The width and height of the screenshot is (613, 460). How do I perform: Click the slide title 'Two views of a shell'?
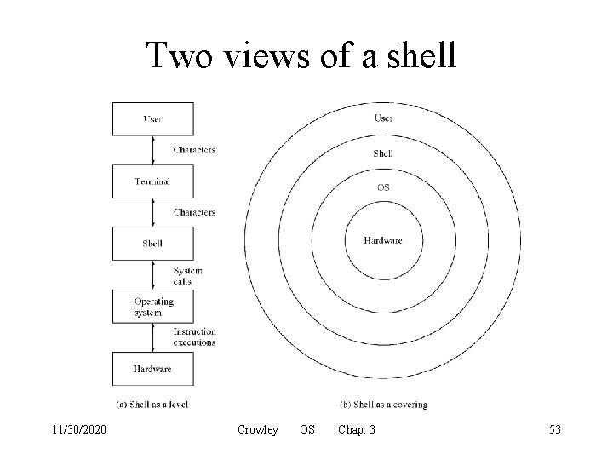302,55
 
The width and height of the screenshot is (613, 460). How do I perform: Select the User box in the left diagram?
152,118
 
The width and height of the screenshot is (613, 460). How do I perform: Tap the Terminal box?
152,181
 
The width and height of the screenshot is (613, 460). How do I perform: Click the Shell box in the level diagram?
152,244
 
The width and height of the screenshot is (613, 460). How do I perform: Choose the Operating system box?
152,307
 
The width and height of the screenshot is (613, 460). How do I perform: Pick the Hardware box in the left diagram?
152,369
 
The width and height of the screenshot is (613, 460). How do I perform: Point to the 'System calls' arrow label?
188,275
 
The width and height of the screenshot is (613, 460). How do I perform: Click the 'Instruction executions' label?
194,337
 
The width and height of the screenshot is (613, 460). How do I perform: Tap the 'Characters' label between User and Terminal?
194,150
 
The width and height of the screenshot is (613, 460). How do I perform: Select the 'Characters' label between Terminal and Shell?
194,212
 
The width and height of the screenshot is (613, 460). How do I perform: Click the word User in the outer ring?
383,118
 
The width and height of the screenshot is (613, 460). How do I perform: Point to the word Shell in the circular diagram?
383,153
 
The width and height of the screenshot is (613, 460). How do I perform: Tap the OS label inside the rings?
383,187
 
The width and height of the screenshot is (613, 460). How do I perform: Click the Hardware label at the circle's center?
383,240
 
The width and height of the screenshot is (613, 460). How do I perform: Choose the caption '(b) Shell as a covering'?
383,404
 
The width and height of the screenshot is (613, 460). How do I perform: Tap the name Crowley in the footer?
258,431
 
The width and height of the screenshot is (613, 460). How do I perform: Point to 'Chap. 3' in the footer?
357,431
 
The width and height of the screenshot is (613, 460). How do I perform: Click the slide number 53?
555,431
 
